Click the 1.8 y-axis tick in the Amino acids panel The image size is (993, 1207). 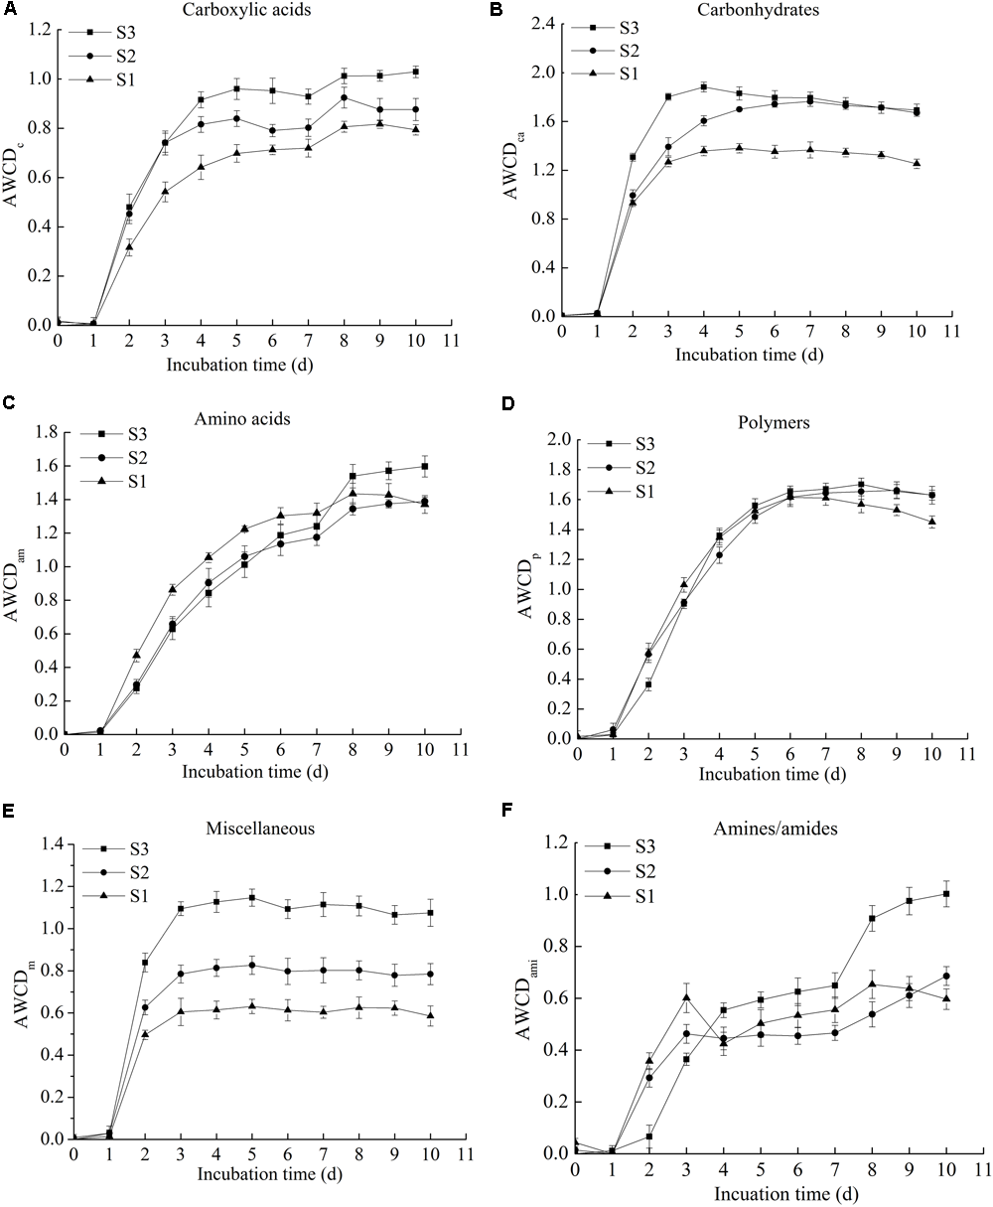coord(43,432)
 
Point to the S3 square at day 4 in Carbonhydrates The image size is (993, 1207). coord(704,86)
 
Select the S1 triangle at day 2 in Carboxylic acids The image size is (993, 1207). coord(129,246)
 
